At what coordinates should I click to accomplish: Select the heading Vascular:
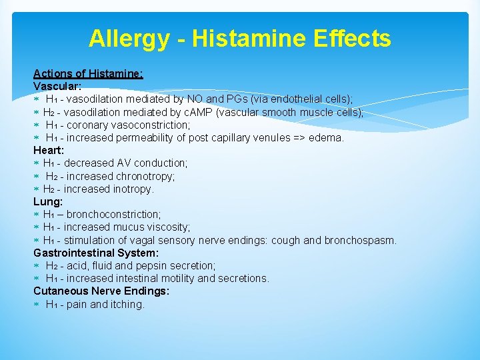click(57, 86)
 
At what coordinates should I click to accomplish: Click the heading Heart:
click(49, 150)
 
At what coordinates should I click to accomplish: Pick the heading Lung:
click(48, 201)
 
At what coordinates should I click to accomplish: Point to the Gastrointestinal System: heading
click(96, 253)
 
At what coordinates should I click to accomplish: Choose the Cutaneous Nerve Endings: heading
click(101, 291)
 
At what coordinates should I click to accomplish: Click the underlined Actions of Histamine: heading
click(88, 73)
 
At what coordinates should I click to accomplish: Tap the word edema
click(327, 138)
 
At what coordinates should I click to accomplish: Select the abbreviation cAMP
click(201, 112)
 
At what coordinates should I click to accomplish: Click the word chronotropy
click(145, 176)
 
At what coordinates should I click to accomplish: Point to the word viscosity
click(166, 227)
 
